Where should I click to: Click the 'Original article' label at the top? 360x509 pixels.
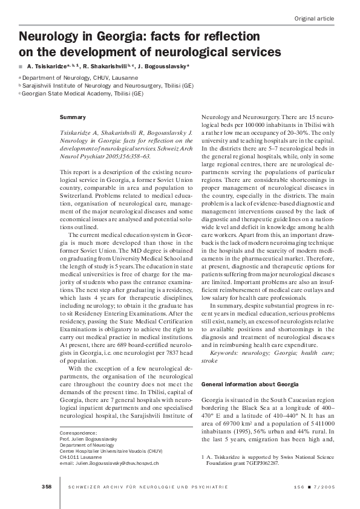pyautogui.click(x=314, y=19)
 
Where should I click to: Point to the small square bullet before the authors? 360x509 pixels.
pyautogui.click(x=21, y=66)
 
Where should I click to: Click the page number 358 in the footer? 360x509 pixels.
pyautogui.click(x=46, y=487)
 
